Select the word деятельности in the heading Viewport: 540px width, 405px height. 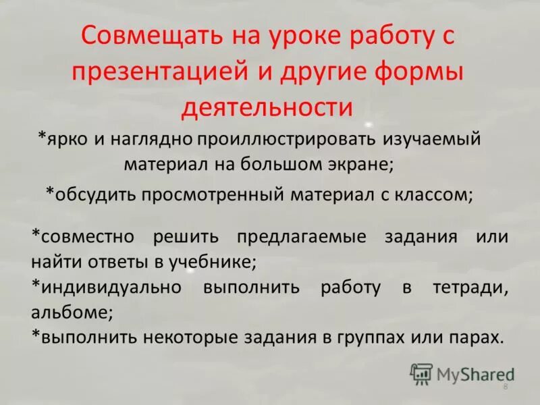tap(268, 108)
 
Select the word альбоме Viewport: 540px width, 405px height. tap(71, 313)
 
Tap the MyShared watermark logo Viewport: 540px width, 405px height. tap(462, 373)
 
